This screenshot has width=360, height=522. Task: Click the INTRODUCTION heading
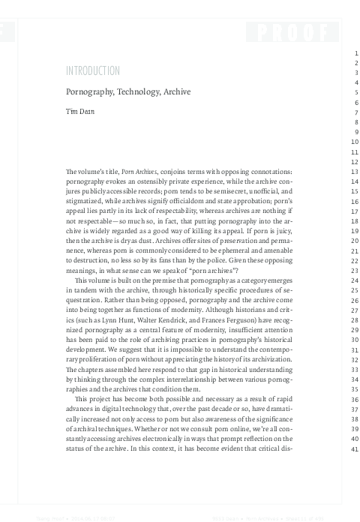93,71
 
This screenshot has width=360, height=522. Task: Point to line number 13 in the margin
346,172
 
